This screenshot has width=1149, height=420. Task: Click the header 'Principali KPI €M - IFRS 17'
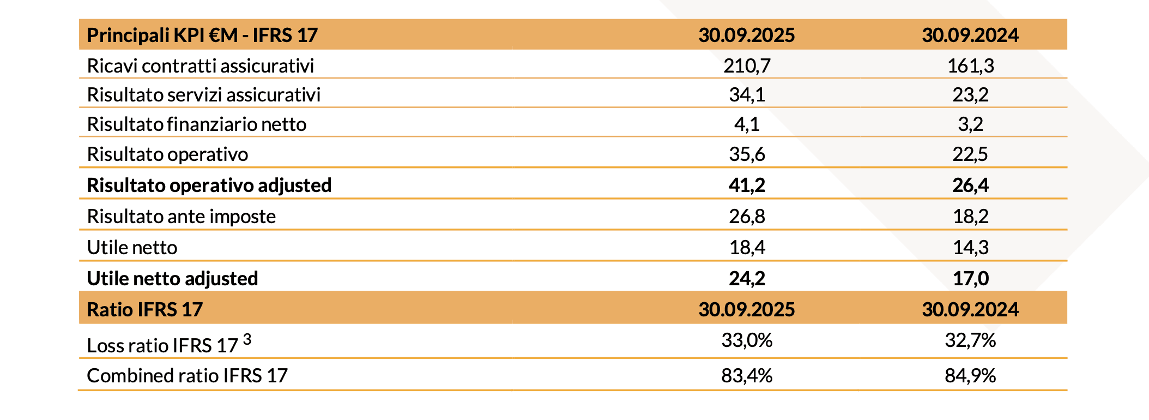tap(202, 35)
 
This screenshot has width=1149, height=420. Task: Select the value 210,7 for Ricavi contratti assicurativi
tap(747, 66)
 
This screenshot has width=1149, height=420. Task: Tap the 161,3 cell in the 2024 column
tap(970, 66)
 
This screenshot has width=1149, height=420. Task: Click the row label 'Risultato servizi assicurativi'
tap(203, 95)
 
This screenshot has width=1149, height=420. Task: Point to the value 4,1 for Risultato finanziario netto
tap(747, 124)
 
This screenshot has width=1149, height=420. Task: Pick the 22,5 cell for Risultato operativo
tap(970, 154)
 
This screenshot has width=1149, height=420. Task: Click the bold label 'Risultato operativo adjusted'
tap(209, 185)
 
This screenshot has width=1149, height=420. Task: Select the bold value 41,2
tap(747, 185)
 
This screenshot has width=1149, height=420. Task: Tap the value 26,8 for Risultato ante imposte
tap(747, 217)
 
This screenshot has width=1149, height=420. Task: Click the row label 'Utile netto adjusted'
tap(172, 279)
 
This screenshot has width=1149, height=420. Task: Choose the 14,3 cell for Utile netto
tap(970, 248)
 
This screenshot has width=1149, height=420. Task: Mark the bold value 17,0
tap(970, 279)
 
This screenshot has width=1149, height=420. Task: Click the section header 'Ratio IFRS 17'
tap(144, 310)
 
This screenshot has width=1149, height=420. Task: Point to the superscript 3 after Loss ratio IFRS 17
tap(247, 339)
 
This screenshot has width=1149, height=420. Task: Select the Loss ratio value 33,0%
tap(747, 340)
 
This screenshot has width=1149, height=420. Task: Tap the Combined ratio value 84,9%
tap(970, 376)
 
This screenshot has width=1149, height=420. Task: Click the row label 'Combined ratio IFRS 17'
tap(187, 376)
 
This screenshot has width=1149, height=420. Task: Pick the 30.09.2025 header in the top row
tap(747, 35)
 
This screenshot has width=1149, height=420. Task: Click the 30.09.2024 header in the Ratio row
tap(970, 310)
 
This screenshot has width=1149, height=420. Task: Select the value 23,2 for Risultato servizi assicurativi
tap(970, 95)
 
